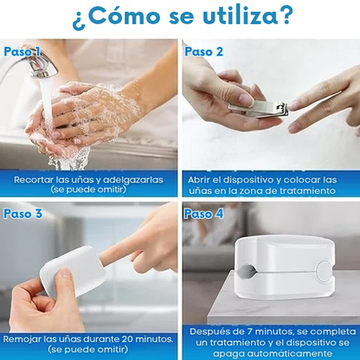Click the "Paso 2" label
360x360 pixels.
coord(204,52)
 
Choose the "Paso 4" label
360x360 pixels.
coord(204,213)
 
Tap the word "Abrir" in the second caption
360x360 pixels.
coord(200,179)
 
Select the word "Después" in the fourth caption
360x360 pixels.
coord(210,331)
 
